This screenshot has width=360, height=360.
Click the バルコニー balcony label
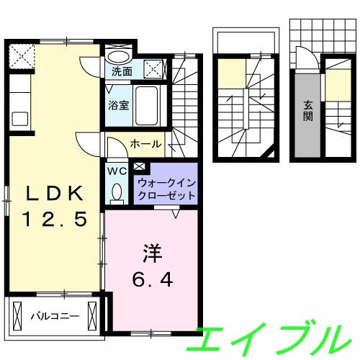[54, 315]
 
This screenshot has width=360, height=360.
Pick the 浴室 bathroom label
[119, 104]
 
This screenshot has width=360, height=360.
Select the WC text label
[117, 171]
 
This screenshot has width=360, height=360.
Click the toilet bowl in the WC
[117, 192]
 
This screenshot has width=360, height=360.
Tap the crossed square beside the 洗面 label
[154, 69]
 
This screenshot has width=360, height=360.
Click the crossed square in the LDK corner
[20, 55]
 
